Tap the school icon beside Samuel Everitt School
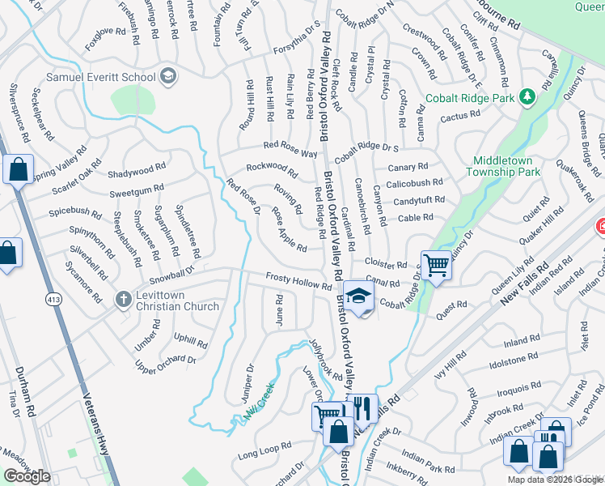[168, 76]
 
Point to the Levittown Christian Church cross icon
[123, 300]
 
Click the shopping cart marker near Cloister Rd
[435, 266]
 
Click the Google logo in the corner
[27, 476]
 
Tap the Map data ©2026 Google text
[555, 480]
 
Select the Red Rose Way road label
[290, 149]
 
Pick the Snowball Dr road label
[172, 272]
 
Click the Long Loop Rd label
[264, 451]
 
